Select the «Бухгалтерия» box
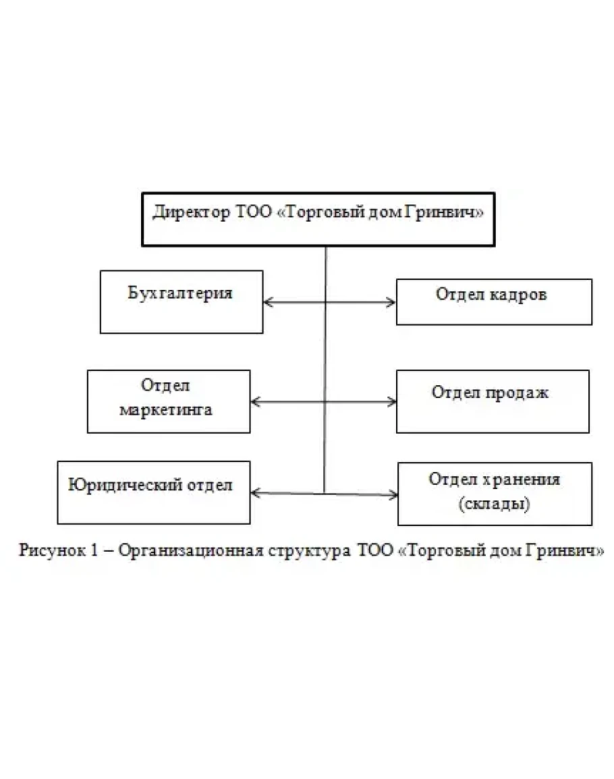coord(182,301)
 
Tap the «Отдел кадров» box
coord(494,301)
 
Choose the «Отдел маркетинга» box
coord(169,401)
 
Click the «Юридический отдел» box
coord(154,492)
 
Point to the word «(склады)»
coord(494,503)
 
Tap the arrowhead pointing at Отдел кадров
coord(391,303)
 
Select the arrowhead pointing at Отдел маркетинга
coord(255,402)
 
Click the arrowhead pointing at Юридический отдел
coord(255,492)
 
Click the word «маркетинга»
coord(167,409)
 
